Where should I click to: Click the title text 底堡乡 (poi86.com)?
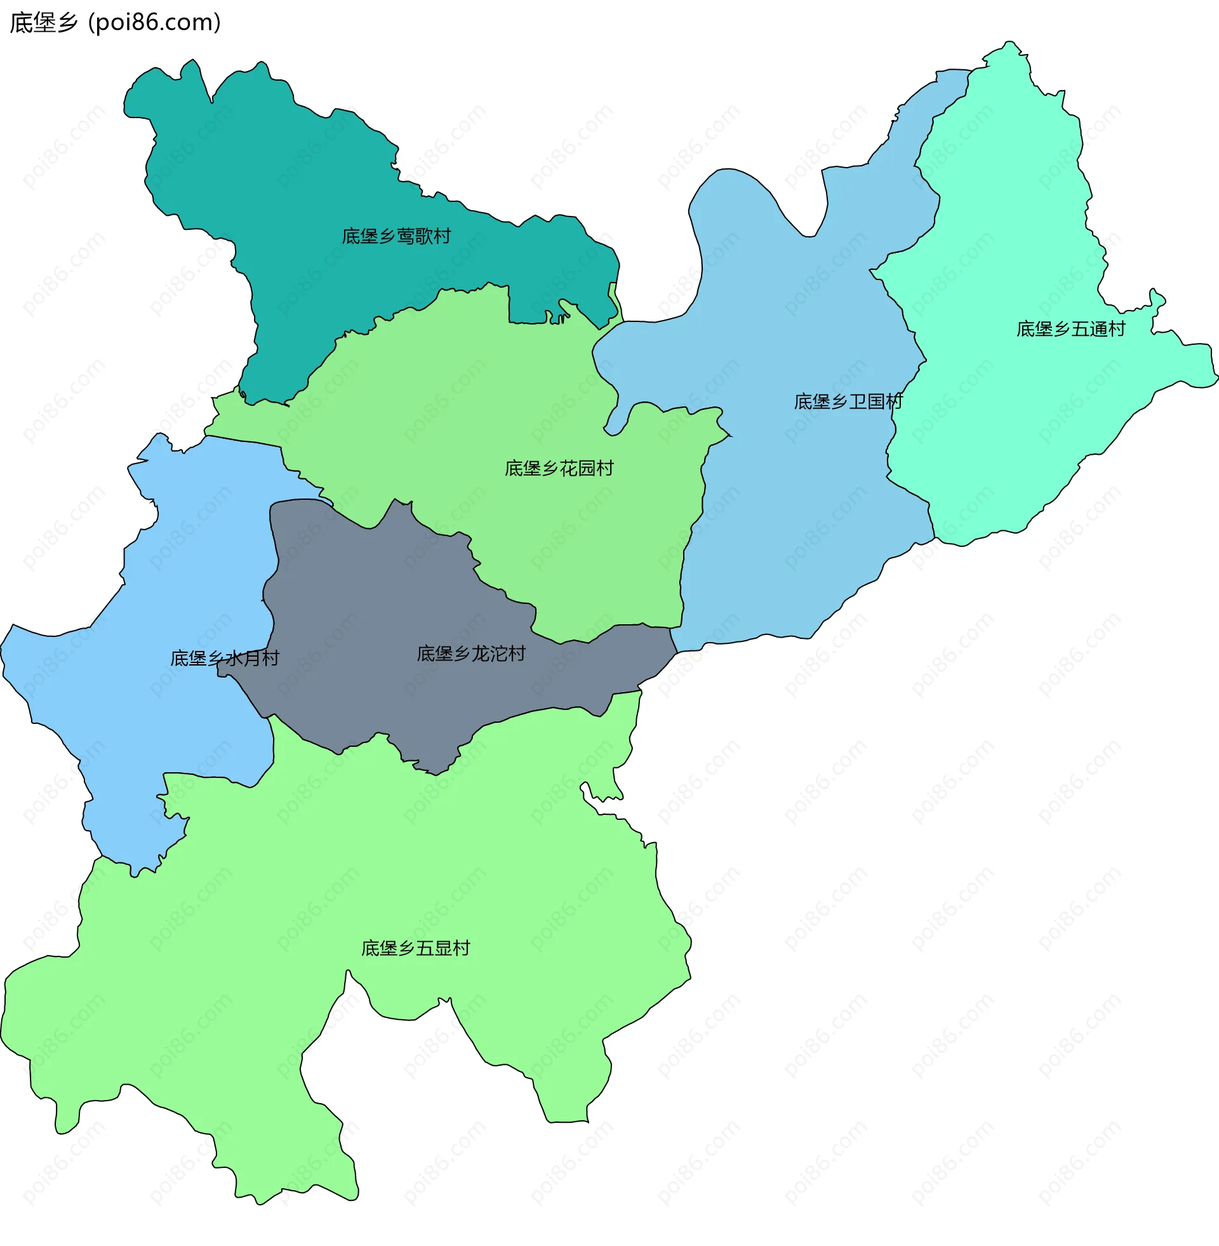[116, 22]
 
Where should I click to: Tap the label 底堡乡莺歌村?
[396, 236]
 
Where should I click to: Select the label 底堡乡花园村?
[558, 469]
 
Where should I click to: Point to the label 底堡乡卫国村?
[848, 401]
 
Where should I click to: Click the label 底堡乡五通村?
[1070, 329]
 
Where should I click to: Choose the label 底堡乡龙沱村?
[470, 653]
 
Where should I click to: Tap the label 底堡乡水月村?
[224, 658]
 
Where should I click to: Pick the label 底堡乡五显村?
[415, 948]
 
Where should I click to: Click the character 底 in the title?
[20, 23]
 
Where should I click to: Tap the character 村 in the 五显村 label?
[462, 948]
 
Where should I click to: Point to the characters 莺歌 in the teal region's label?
[414, 236]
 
